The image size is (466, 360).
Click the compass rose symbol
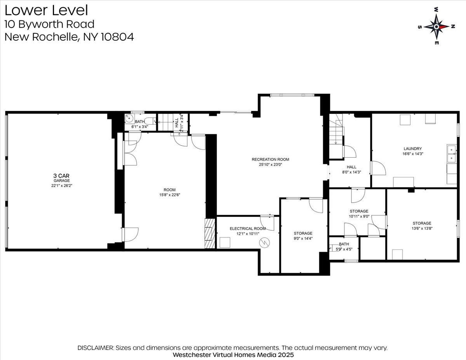point(436,26)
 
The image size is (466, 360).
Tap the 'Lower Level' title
point(46,10)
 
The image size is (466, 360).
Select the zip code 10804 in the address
point(117,37)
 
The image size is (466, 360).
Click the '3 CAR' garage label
point(61,176)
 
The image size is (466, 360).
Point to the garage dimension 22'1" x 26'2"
point(61,186)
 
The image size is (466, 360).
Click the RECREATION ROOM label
point(270,160)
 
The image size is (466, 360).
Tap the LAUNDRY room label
point(412,149)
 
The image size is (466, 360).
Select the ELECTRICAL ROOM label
point(248,229)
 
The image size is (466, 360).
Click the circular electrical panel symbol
point(264,243)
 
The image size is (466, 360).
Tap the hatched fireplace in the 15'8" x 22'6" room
point(210,233)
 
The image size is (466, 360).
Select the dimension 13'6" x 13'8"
point(422,228)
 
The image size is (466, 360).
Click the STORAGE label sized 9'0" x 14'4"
point(303,233)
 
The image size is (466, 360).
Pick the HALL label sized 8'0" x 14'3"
point(351,167)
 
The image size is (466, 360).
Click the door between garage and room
point(130,235)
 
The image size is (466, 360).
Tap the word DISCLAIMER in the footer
point(96,348)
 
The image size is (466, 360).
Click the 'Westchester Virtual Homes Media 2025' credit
point(233,355)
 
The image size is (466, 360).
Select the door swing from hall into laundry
point(379,168)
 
